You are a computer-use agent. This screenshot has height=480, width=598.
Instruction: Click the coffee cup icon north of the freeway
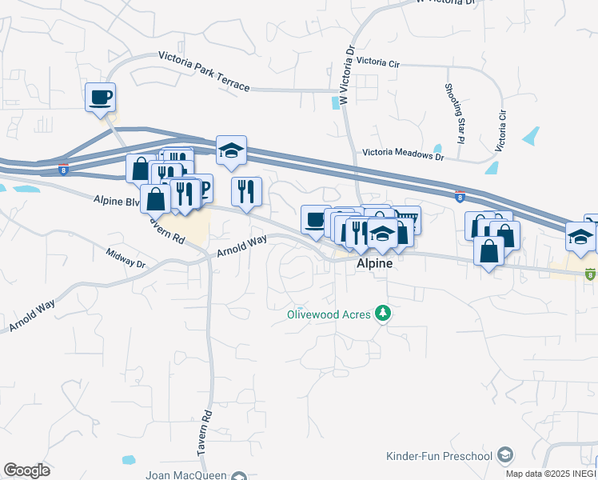point(101,98)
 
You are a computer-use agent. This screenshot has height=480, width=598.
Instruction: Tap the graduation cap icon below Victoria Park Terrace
point(231,150)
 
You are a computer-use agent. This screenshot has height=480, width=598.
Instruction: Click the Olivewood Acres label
point(329,314)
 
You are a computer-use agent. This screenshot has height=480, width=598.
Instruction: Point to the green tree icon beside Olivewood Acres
point(384,314)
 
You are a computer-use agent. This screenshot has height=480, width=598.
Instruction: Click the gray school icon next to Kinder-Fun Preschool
point(504,455)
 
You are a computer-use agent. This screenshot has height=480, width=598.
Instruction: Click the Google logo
point(27,470)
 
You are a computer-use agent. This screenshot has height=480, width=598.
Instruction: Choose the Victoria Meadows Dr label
point(402,153)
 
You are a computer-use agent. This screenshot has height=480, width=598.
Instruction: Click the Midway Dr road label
point(126,258)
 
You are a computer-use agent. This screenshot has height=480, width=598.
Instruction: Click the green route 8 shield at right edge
point(590,274)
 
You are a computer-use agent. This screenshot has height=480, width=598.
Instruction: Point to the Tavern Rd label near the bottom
point(205,434)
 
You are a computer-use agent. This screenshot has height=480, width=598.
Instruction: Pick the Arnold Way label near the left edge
point(31,317)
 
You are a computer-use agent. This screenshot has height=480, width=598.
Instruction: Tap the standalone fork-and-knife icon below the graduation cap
point(246,192)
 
